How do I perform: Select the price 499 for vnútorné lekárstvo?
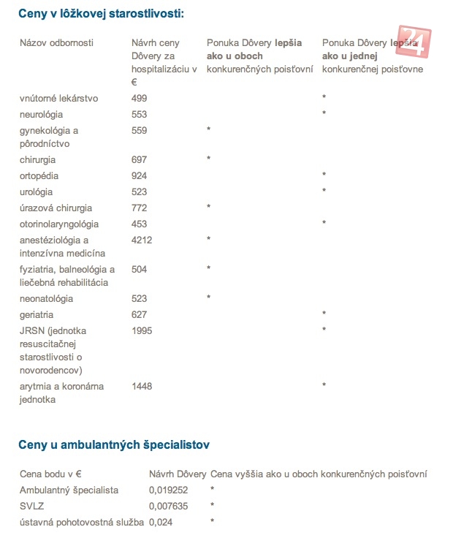pos(139,99)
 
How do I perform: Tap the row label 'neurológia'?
pos(42,115)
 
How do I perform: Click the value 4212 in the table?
pos(142,240)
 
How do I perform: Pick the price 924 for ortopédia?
pos(139,176)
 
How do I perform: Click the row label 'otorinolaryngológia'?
pos(59,224)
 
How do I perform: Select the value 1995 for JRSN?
pos(142,331)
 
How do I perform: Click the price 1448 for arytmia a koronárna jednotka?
pos(142,386)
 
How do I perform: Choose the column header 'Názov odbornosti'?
pos(56,44)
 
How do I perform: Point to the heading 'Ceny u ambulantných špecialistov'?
pos(115,444)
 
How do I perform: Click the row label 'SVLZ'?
pos(31,506)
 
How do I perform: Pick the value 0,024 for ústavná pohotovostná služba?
pos(161,522)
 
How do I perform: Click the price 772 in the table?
pos(139,208)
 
